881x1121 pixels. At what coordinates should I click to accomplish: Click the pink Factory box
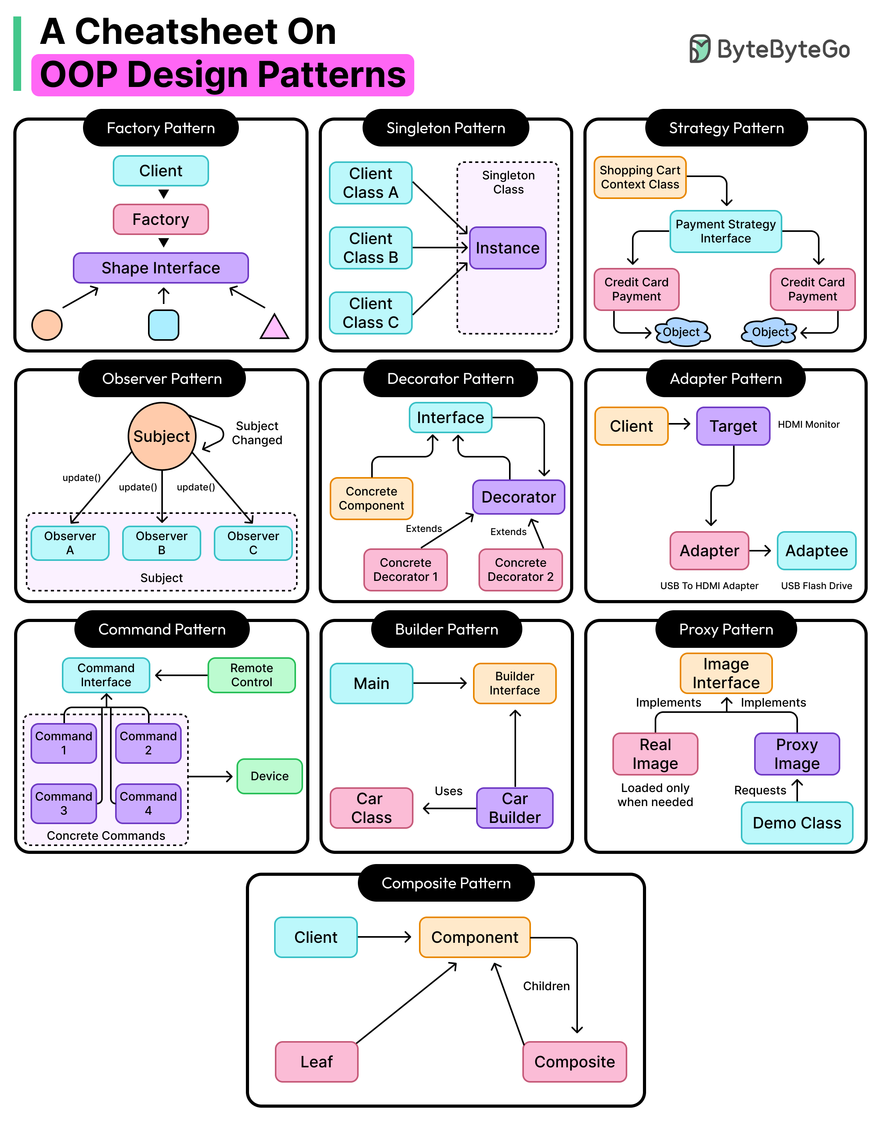(161, 219)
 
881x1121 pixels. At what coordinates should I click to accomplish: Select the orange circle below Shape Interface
(47, 325)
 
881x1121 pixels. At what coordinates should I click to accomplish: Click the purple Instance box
(507, 248)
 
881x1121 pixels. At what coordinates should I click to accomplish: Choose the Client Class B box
(370, 248)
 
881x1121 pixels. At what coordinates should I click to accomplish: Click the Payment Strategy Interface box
(725, 231)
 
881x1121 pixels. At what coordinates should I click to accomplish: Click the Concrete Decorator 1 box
(405, 570)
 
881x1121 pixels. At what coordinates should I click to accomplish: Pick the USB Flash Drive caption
(816, 586)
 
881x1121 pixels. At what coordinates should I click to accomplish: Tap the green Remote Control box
(251, 675)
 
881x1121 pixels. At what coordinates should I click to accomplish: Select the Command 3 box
(63, 803)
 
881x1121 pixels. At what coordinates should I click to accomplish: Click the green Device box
(269, 776)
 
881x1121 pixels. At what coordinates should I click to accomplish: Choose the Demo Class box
(796, 823)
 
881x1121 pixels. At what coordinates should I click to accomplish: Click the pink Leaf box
(316, 1062)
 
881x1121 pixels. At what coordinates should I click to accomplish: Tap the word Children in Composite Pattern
(546, 986)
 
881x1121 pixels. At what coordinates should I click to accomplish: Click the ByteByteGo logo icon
(700, 49)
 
